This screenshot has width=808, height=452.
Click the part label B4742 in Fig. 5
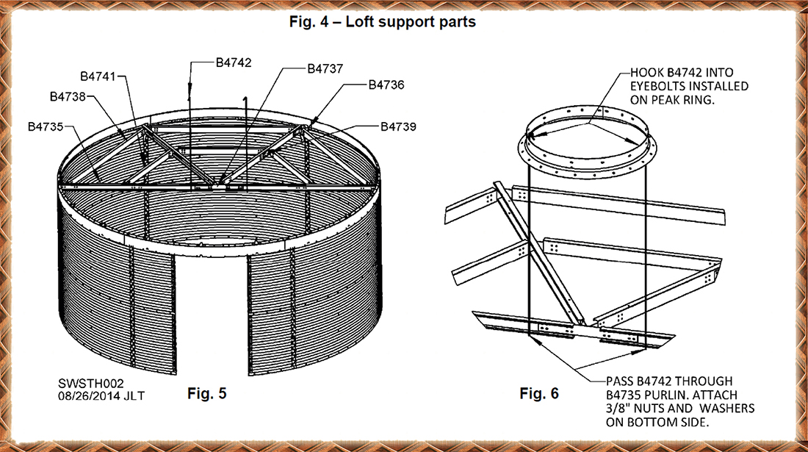click(x=234, y=62)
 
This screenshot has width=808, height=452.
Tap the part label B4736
click(x=386, y=85)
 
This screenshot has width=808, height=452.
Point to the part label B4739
click(x=399, y=127)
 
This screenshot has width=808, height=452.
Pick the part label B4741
click(x=98, y=76)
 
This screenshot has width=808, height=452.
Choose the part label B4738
click(x=68, y=96)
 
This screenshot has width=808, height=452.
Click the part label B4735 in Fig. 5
click(x=46, y=126)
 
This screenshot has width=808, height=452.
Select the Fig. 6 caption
click(x=538, y=394)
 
